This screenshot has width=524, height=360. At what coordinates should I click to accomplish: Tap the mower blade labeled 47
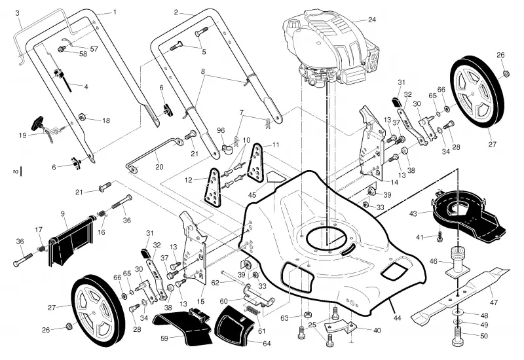pyautogui.click(x=460, y=294)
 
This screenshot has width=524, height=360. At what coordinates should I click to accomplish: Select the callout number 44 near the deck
pyautogui.click(x=397, y=318)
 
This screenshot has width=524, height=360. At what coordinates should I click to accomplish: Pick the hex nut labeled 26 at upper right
pyautogui.click(x=506, y=73)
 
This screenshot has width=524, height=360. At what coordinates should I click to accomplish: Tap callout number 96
pyautogui.click(x=221, y=130)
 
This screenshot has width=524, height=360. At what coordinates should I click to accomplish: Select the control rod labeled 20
pyautogui.click(x=155, y=155)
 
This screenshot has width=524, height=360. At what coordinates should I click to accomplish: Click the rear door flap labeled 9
pyautogui.click(x=72, y=240)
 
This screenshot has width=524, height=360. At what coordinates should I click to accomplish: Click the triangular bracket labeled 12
pyautogui.click(x=212, y=188)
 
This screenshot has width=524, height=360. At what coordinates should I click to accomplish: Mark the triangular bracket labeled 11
pyautogui.click(x=255, y=162)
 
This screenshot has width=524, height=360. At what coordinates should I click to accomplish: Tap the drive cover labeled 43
pyautogui.click(x=468, y=215)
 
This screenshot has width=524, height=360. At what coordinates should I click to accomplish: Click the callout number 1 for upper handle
pyautogui.click(x=115, y=12)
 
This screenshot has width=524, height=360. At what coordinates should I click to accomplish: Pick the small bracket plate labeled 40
pyautogui.click(x=341, y=326)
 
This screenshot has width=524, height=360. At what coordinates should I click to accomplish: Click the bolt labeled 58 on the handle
pyautogui.click(x=62, y=49)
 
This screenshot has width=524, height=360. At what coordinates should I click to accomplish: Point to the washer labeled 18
pyautogui.click(x=81, y=117)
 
